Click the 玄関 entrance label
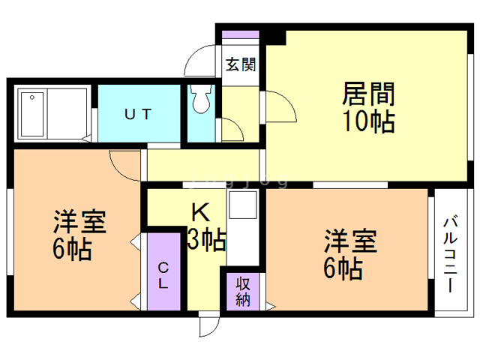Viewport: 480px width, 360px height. (240, 64)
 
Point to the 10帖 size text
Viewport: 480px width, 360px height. (368, 121)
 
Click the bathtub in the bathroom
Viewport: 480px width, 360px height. (32, 113)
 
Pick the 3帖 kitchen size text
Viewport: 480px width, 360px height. (205, 240)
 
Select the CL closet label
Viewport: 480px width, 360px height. (163, 274)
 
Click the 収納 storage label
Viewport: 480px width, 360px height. (243, 292)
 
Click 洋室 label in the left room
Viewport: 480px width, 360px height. (79, 223)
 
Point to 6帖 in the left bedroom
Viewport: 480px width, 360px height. (72, 249)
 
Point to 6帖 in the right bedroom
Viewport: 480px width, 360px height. (343, 267)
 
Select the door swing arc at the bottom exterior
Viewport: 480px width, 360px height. (209, 324)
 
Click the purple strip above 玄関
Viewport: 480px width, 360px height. (240, 34)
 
